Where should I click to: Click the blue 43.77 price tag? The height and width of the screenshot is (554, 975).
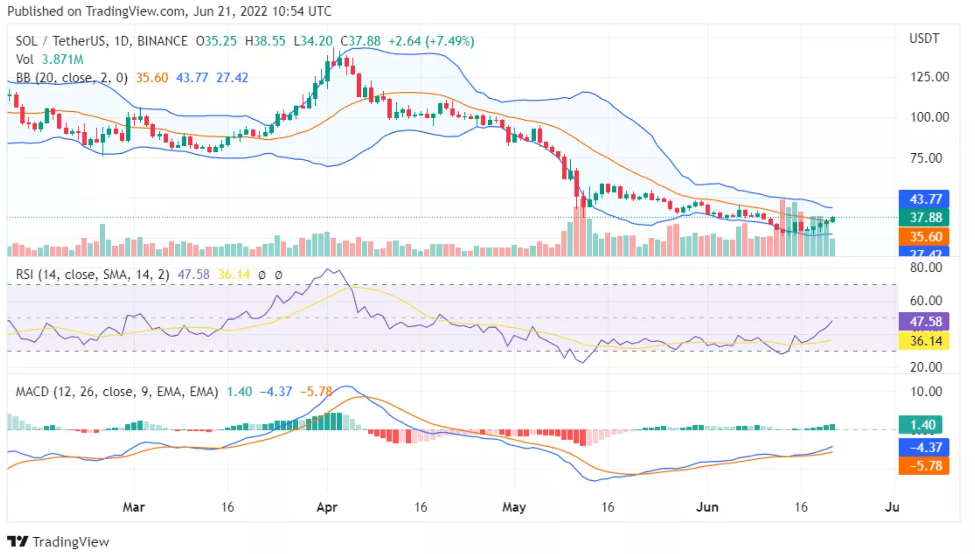(x=924, y=199)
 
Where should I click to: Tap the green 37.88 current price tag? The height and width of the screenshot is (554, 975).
(x=924, y=217)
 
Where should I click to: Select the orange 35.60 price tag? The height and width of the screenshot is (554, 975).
(x=924, y=237)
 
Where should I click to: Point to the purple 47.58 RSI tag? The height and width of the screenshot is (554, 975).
(x=924, y=322)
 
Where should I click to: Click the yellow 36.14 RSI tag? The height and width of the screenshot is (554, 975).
(x=924, y=341)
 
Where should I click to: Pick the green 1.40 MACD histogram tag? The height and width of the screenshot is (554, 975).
(x=920, y=425)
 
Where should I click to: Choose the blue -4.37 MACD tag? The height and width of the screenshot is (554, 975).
(x=924, y=447)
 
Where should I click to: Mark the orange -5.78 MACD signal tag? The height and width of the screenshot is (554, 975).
(x=924, y=466)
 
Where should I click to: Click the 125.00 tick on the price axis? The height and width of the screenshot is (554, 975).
(x=929, y=77)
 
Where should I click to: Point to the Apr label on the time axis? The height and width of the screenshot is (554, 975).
(x=327, y=507)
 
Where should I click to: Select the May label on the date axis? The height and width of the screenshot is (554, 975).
(x=514, y=507)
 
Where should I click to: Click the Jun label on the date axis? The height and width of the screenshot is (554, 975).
(x=707, y=507)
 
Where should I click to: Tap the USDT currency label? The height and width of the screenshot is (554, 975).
(x=924, y=38)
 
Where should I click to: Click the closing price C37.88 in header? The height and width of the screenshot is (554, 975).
(x=360, y=41)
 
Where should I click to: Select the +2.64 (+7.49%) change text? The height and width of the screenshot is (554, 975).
(x=431, y=41)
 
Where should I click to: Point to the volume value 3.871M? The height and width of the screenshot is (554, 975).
(x=62, y=59)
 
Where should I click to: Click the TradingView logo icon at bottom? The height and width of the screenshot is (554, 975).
(x=18, y=541)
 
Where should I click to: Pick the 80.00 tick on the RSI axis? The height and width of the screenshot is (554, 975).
(x=925, y=268)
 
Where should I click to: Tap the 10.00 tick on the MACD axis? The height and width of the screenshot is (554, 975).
(x=925, y=392)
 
